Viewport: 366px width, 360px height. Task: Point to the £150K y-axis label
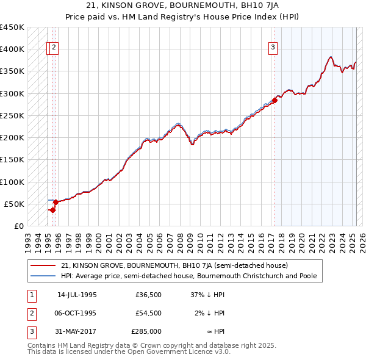tap(12, 160)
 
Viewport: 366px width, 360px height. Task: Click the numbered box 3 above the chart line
tap(273, 48)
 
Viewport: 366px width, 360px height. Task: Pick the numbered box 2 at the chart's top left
tap(54, 48)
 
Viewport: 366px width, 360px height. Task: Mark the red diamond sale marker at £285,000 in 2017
tap(274, 101)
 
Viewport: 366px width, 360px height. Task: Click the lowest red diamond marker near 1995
tap(53, 210)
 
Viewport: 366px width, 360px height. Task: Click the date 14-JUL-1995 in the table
tap(77, 294)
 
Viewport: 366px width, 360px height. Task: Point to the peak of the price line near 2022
tap(331, 57)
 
